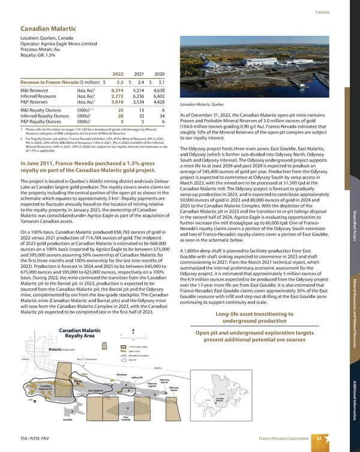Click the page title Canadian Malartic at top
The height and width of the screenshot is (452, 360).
pos(47,28)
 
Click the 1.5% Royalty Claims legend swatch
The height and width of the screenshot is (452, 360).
pos(124,346)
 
